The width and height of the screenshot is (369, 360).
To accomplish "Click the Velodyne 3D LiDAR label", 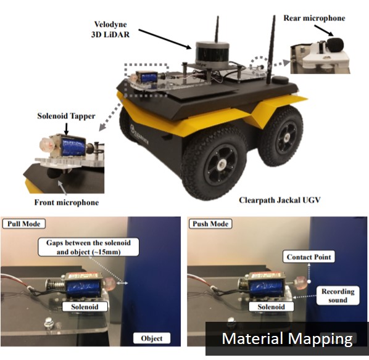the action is pos(110,30).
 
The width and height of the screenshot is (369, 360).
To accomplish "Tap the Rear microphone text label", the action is pos(314,18).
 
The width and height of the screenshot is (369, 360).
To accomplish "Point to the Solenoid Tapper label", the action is pos(66,116).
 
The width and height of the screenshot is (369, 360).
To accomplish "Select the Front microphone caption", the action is pos(67,202).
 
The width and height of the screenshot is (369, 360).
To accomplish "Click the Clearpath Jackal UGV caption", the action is pos(280,200).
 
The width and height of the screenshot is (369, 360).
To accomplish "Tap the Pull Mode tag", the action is pos(24,224).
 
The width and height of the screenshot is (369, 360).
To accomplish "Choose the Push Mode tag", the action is pos(210,224).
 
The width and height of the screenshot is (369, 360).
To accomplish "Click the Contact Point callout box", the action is pos(309,257).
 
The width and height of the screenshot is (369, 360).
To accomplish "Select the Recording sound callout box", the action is pos(338,295).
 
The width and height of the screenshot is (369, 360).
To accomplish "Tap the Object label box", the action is pos(152,338).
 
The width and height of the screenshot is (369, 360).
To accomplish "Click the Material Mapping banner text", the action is pos(287,338).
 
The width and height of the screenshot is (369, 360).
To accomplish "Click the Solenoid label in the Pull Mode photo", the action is pos(85,307).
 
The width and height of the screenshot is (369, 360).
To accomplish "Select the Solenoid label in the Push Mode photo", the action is pos(271,307).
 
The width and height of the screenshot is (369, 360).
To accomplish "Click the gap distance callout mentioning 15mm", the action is pos(88,247).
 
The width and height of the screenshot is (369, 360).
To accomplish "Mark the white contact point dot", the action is pos(309,281).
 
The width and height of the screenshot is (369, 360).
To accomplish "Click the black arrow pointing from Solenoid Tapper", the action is pos(66,129).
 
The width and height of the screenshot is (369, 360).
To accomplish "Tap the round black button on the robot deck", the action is pos(281,80).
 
